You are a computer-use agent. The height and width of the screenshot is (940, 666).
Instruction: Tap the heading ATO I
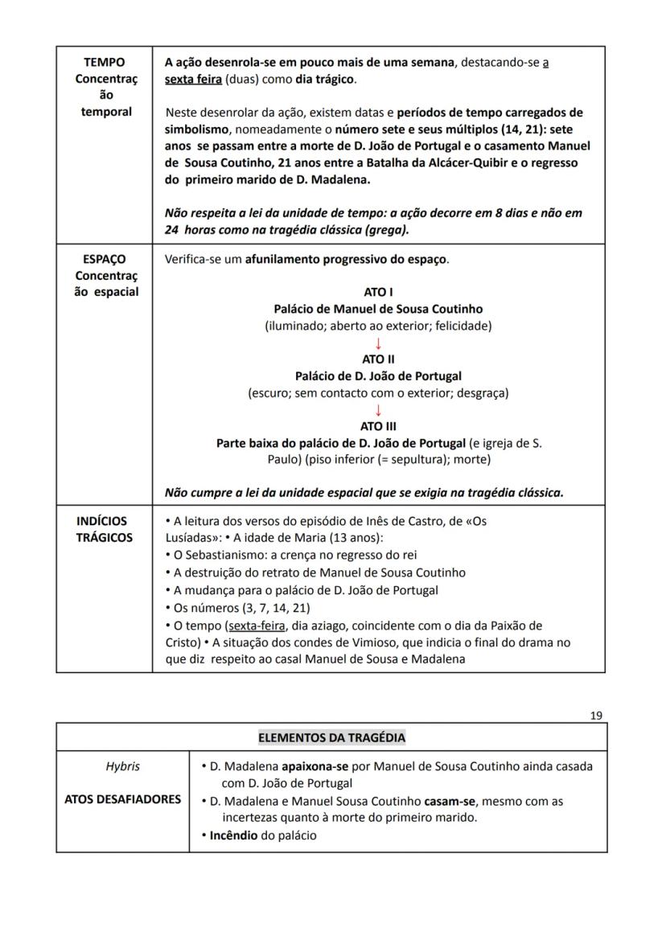pos(378,293)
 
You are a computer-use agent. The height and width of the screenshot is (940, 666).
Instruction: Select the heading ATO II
pos(378,359)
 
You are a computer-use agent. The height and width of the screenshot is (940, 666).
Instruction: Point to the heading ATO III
pos(378,426)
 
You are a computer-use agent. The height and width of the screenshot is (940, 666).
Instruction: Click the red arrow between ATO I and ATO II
pos(378,343)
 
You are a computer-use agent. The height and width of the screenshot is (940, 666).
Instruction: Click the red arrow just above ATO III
pos(378,410)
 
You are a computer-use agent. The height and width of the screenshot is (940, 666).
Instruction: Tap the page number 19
pos(596,716)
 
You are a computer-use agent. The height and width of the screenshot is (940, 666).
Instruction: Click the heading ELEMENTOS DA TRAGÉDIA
pos(331,737)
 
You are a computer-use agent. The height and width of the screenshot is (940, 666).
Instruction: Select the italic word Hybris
pos(122,766)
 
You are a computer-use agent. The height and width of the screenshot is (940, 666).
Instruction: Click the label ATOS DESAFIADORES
pos(122,800)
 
